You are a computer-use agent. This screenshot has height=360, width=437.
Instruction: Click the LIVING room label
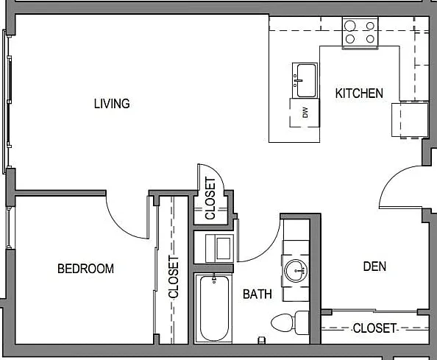tap(112, 104)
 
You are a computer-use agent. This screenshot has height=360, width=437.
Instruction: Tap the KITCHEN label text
tap(359, 93)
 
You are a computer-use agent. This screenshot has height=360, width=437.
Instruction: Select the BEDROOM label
tap(85, 269)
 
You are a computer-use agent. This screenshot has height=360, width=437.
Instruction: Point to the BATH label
tap(257, 294)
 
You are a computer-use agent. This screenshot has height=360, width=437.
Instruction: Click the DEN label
tap(374, 267)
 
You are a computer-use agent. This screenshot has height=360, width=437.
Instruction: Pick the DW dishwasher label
tap(305, 113)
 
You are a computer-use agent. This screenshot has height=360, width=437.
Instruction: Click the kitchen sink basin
tap(306, 80)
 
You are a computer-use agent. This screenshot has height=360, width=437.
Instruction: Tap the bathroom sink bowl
tap(296, 271)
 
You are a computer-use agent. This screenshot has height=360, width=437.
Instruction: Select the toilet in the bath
tap(290, 323)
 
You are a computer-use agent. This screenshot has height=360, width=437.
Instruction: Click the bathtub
tap(214, 308)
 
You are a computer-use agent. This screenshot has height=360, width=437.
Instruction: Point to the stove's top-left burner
tap(349, 26)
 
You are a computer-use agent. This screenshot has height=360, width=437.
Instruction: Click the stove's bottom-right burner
tap(370, 39)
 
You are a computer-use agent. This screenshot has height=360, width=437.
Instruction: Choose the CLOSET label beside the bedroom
tap(174, 277)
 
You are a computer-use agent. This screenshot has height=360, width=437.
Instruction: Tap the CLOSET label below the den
tap(374, 328)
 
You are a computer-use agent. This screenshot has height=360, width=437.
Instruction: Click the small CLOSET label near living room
tap(210, 198)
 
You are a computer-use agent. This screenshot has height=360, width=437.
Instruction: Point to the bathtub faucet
tap(214, 278)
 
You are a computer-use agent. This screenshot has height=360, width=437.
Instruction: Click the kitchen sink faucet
tap(297, 80)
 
